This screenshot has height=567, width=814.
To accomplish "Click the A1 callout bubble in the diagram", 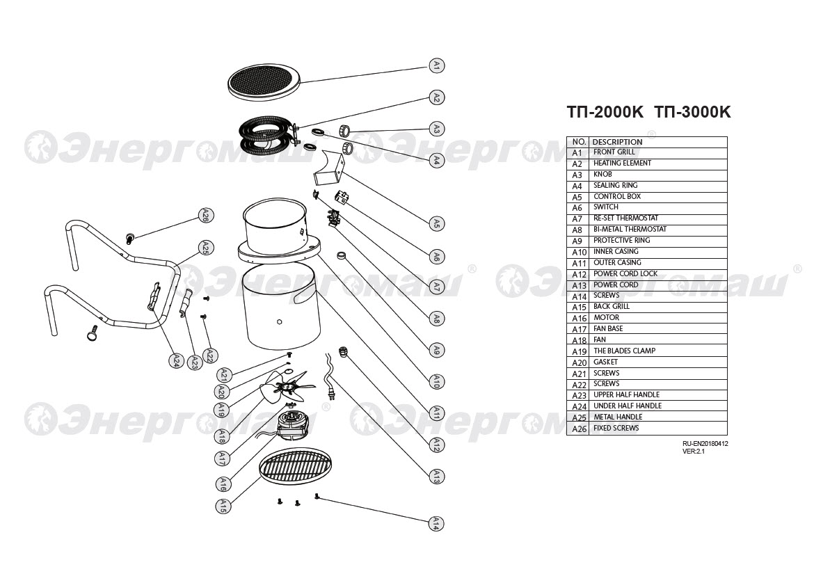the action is point(437,66).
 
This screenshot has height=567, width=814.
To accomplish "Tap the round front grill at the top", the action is point(265,82).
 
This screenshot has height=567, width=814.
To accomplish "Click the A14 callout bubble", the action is point(437,523).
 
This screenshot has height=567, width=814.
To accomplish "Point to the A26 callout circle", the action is point(206,216).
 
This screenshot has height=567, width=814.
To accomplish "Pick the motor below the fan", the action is point(294,423).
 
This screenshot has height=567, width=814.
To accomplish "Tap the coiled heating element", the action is point(267,136).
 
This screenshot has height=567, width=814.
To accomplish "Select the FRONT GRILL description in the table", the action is point(614,152).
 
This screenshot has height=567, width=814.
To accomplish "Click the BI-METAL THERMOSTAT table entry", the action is point(630,229).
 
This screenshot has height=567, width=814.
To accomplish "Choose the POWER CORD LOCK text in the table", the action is point(625,273).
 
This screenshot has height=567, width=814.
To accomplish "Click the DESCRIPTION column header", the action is point(617,142).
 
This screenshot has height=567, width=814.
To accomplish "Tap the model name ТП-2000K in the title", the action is point(605,112).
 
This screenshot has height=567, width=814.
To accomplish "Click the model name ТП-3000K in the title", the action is point(692,112).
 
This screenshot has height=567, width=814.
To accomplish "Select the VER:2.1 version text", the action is point(694,452).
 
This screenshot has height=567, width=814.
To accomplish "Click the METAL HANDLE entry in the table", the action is point(618,417).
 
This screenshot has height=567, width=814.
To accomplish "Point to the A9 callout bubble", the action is point(437,349).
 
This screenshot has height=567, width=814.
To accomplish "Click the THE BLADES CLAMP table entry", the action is point(625,351).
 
